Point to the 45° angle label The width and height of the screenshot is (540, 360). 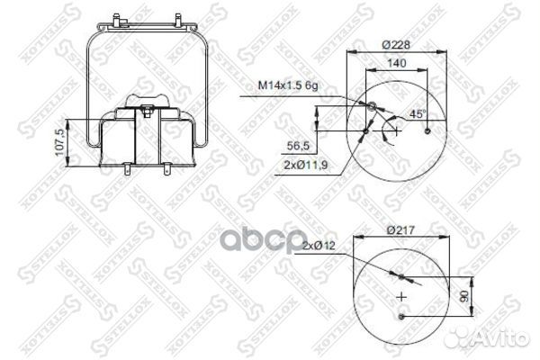[x=417, y=115]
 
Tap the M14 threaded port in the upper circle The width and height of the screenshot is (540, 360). [x=372, y=109]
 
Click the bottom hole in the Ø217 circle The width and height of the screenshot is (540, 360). [x=402, y=317]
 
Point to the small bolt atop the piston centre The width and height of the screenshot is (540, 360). [x=145, y=110]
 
